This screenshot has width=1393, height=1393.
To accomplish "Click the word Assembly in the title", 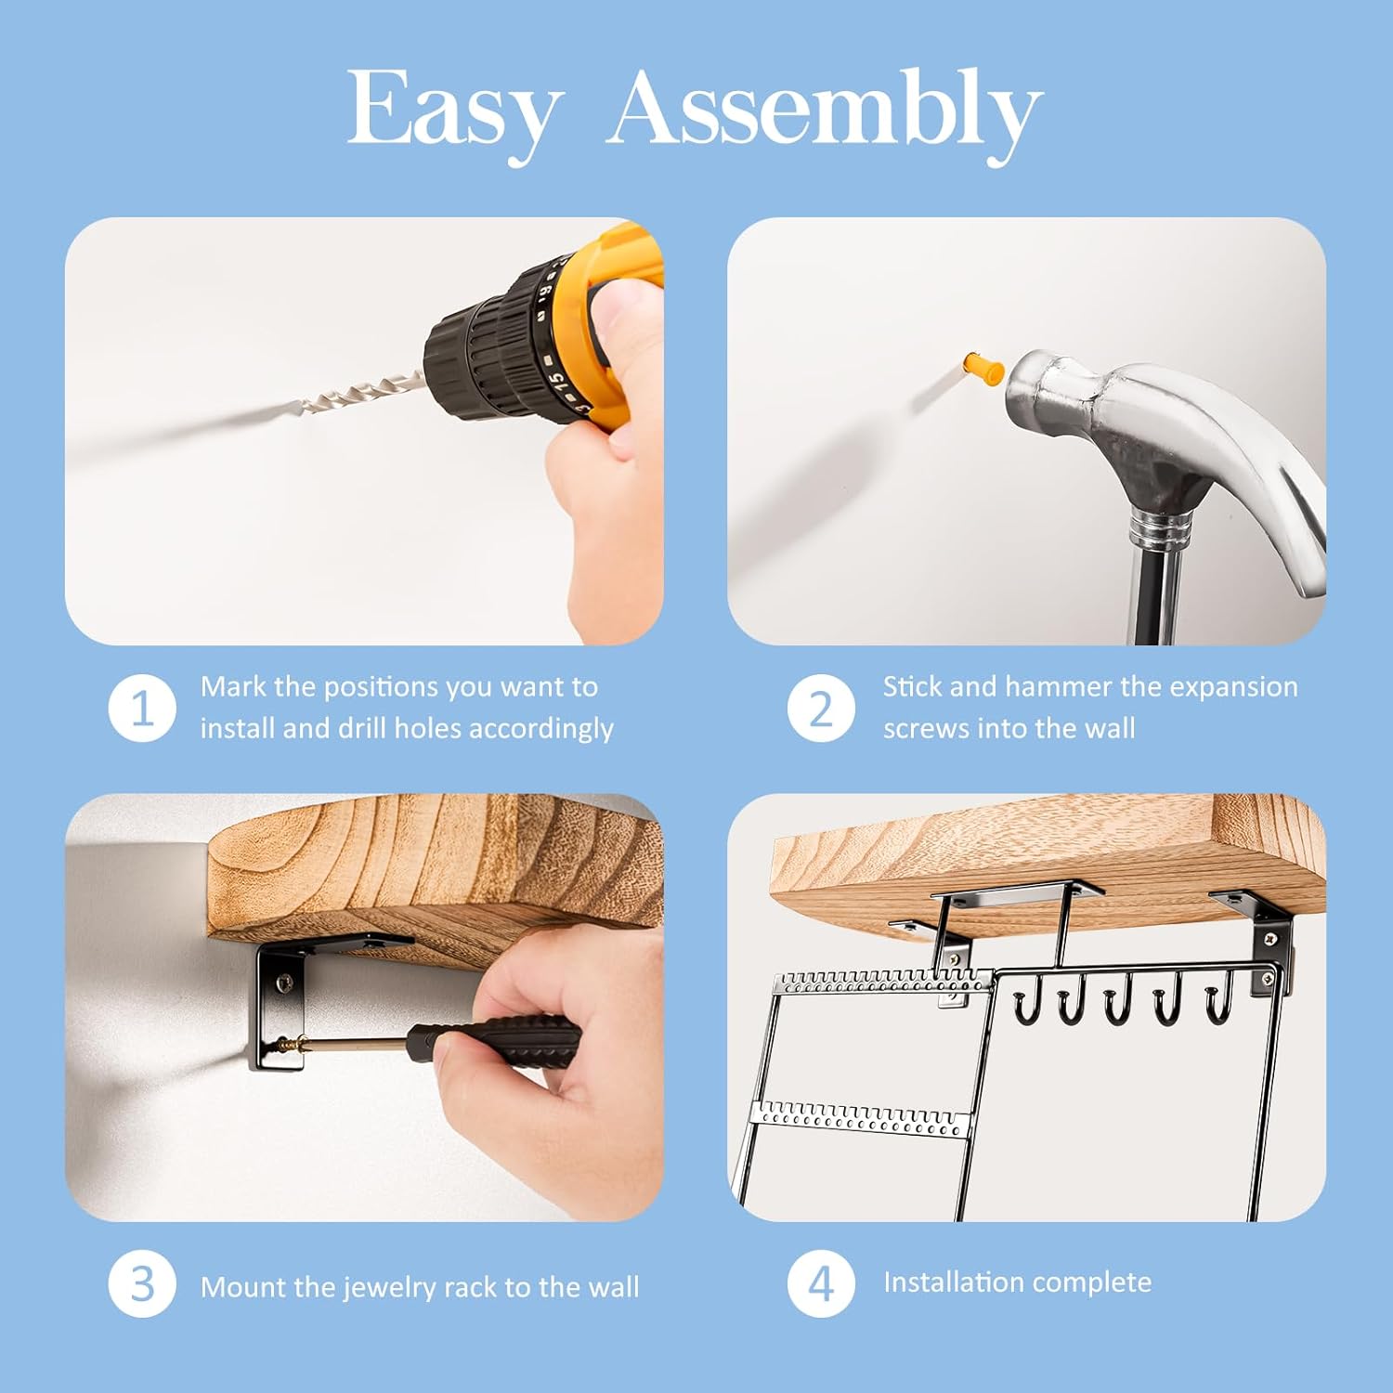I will tap(825, 110).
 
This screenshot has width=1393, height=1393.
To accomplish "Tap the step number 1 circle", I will tap(142, 709).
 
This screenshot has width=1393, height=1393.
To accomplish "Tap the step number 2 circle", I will tap(821, 709).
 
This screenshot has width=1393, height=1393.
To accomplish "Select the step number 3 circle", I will tap(142, 1284).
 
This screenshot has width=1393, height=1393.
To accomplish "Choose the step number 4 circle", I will tap(821, 1284).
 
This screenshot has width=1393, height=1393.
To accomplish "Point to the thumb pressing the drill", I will tap(624, 302).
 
